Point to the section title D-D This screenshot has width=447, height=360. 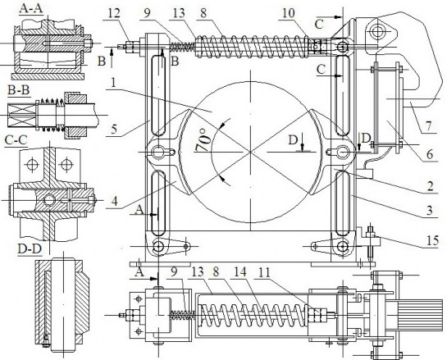pos(18,246)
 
